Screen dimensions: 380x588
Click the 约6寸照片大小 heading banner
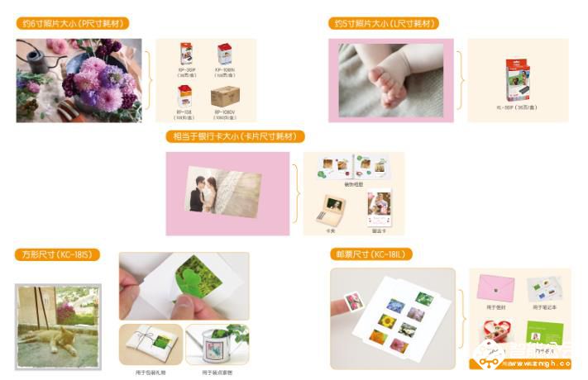pos(74,23)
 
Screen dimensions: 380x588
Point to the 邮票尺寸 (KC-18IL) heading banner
pos(370,254)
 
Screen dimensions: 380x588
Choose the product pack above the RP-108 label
pos(186,96)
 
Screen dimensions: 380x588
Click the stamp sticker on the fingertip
pos(353,302)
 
